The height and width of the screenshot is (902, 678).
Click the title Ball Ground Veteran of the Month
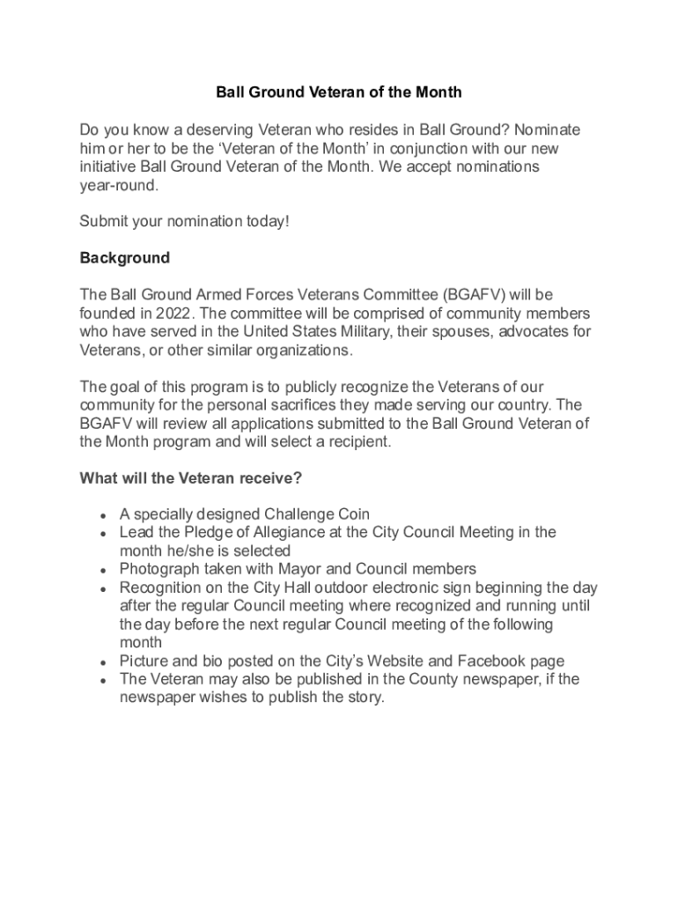tap(339, 92)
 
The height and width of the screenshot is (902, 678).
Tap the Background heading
tap(124, 258)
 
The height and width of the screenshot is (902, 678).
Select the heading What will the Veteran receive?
tap(191, 478)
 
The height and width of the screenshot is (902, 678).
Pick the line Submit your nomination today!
tap(184, 222)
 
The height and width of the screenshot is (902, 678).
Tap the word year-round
tap(119, 185)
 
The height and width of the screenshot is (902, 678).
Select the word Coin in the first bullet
tap(351, 514)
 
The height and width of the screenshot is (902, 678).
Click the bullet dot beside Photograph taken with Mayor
tap(104, 570)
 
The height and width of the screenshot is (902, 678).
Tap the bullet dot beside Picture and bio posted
tap(104, 662)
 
